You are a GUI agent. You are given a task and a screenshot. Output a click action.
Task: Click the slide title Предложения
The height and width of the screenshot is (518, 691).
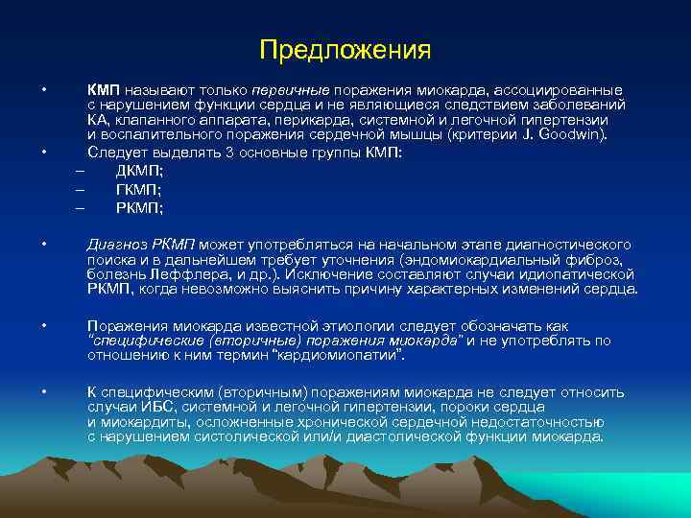[x=345, y=48]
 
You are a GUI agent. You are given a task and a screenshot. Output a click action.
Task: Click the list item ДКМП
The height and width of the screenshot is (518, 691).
[x=139, y=171]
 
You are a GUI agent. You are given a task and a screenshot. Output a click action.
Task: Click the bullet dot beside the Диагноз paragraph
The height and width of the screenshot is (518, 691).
[x=44, y=244]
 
